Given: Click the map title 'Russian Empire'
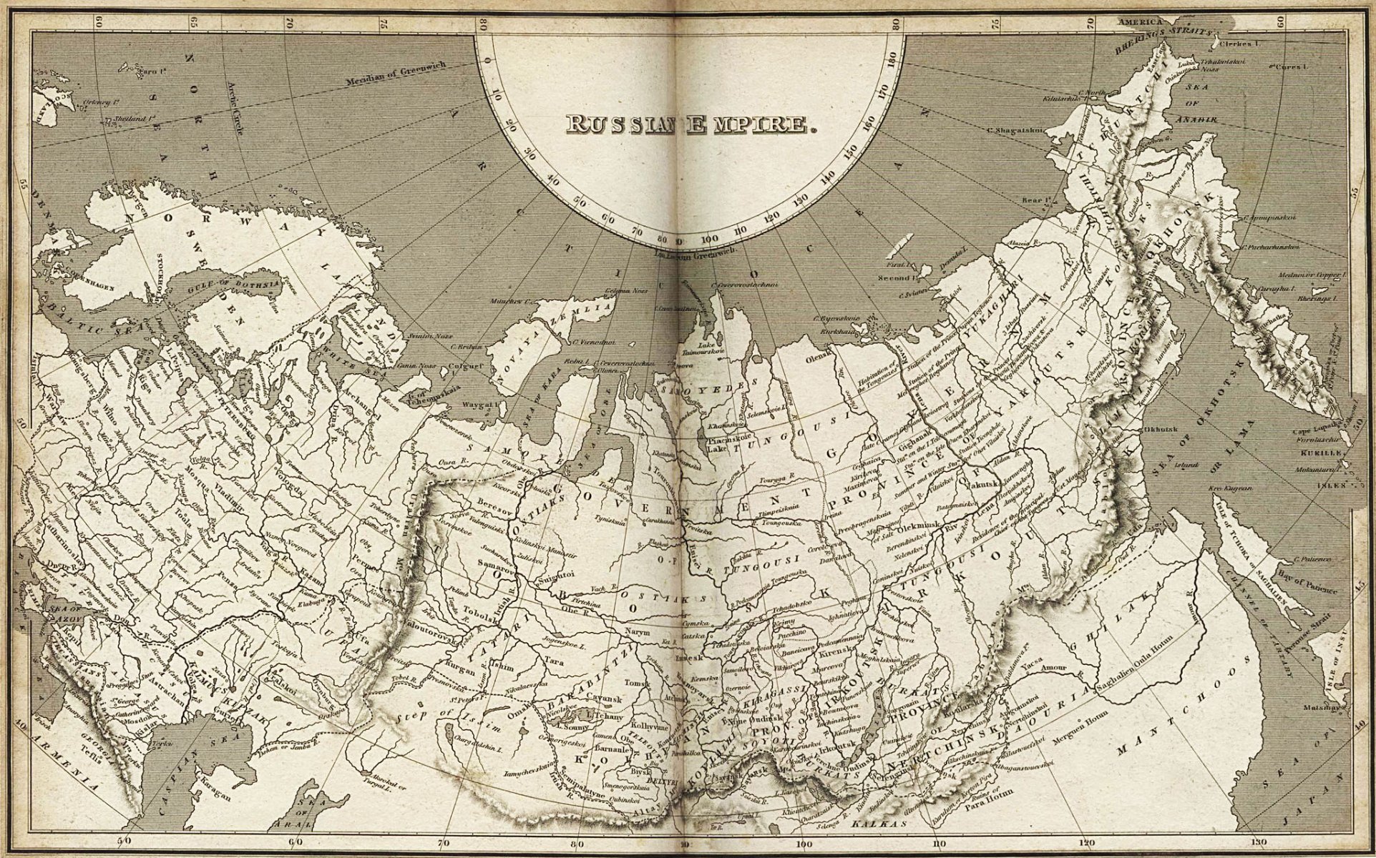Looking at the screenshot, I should (x=691, y=124).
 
